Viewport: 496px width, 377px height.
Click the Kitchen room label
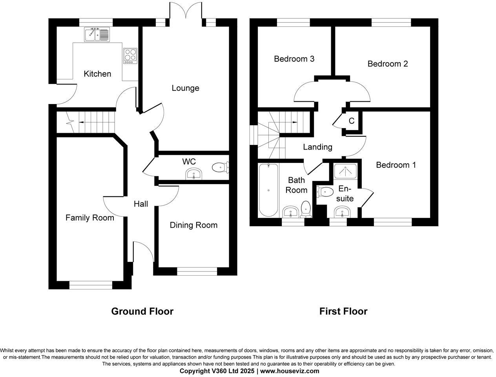click(97, 74)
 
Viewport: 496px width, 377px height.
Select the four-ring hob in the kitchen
click(130, 56)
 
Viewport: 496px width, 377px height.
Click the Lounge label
click(185, 88)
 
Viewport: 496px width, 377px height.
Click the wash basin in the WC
click(194, 174)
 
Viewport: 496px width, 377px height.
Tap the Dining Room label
click(193, 225)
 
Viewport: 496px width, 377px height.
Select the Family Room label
click(89, 218)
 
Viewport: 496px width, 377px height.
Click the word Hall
click(141, 204)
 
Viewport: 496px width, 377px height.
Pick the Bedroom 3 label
click(294, 59)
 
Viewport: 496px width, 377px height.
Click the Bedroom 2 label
click(387, 64)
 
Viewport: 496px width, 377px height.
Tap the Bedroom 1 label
click(396, 165)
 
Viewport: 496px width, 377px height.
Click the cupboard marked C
click(352, 121)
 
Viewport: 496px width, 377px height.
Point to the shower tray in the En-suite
click(345, 170)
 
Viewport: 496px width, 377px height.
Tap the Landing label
click(317, 147)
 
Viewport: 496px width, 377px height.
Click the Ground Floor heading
click(142, 311)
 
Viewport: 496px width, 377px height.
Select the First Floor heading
click(343, 311)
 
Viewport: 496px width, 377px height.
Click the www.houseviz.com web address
click(290, 371)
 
